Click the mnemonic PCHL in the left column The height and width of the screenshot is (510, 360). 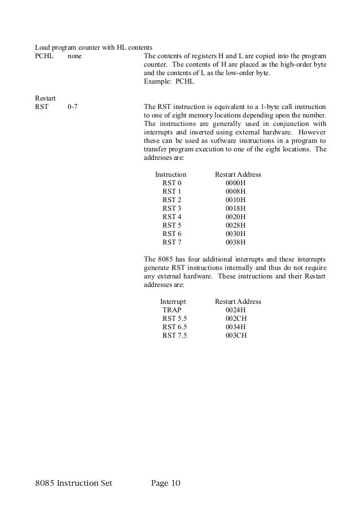(43, 56)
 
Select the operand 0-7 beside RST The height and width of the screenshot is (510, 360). (72, 107)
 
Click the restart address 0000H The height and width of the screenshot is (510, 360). (236, 184)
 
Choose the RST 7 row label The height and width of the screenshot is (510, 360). (172, 243)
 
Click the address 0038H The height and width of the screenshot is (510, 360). (236, 243)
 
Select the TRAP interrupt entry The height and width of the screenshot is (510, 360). (172, 310)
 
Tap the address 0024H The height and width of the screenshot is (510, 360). (236, 310)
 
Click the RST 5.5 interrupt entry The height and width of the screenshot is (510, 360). (174, 319)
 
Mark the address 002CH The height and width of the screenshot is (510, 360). (236, 319)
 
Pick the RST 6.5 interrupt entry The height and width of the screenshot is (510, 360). (174, 327)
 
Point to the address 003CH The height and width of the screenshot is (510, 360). (236, 335)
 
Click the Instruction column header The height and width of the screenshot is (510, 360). (170, 175)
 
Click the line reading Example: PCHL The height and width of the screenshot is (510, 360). (169, 82)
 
